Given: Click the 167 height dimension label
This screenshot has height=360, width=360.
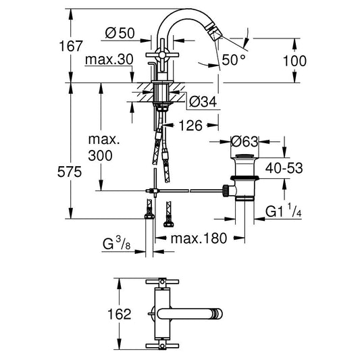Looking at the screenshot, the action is [70, 46].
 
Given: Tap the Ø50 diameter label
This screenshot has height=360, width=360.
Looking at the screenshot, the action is [120, 33].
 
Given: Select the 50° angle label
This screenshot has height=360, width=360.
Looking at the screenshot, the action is [234, 60].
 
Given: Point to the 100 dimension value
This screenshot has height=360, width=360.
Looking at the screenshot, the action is [294, 61].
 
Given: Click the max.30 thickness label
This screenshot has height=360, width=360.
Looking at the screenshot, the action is [109, 59].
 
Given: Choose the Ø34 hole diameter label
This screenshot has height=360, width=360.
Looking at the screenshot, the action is [203, 102].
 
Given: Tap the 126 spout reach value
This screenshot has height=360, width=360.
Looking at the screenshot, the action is [190, 126].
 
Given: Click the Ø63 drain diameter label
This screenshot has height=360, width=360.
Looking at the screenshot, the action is [245, 142].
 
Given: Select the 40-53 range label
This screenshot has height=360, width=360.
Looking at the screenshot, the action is [284, 168].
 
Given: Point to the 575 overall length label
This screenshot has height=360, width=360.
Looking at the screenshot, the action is [70, 172].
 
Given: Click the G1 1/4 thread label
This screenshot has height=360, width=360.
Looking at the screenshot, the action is [283, 211].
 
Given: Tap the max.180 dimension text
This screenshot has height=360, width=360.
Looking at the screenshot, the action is [199, 238].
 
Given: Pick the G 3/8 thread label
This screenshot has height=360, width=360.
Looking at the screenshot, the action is [117, 244].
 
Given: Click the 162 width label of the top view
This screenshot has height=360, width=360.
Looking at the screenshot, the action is [120, 314].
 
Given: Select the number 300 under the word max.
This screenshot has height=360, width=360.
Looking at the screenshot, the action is [101, 155].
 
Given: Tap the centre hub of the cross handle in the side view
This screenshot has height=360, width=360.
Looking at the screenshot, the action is [162, 55].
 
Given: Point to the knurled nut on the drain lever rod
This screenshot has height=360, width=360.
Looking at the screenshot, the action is [226, 190].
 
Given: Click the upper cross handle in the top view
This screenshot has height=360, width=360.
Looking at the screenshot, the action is [162, 282].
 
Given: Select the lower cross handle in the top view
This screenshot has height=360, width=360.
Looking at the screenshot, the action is [162, 346].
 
